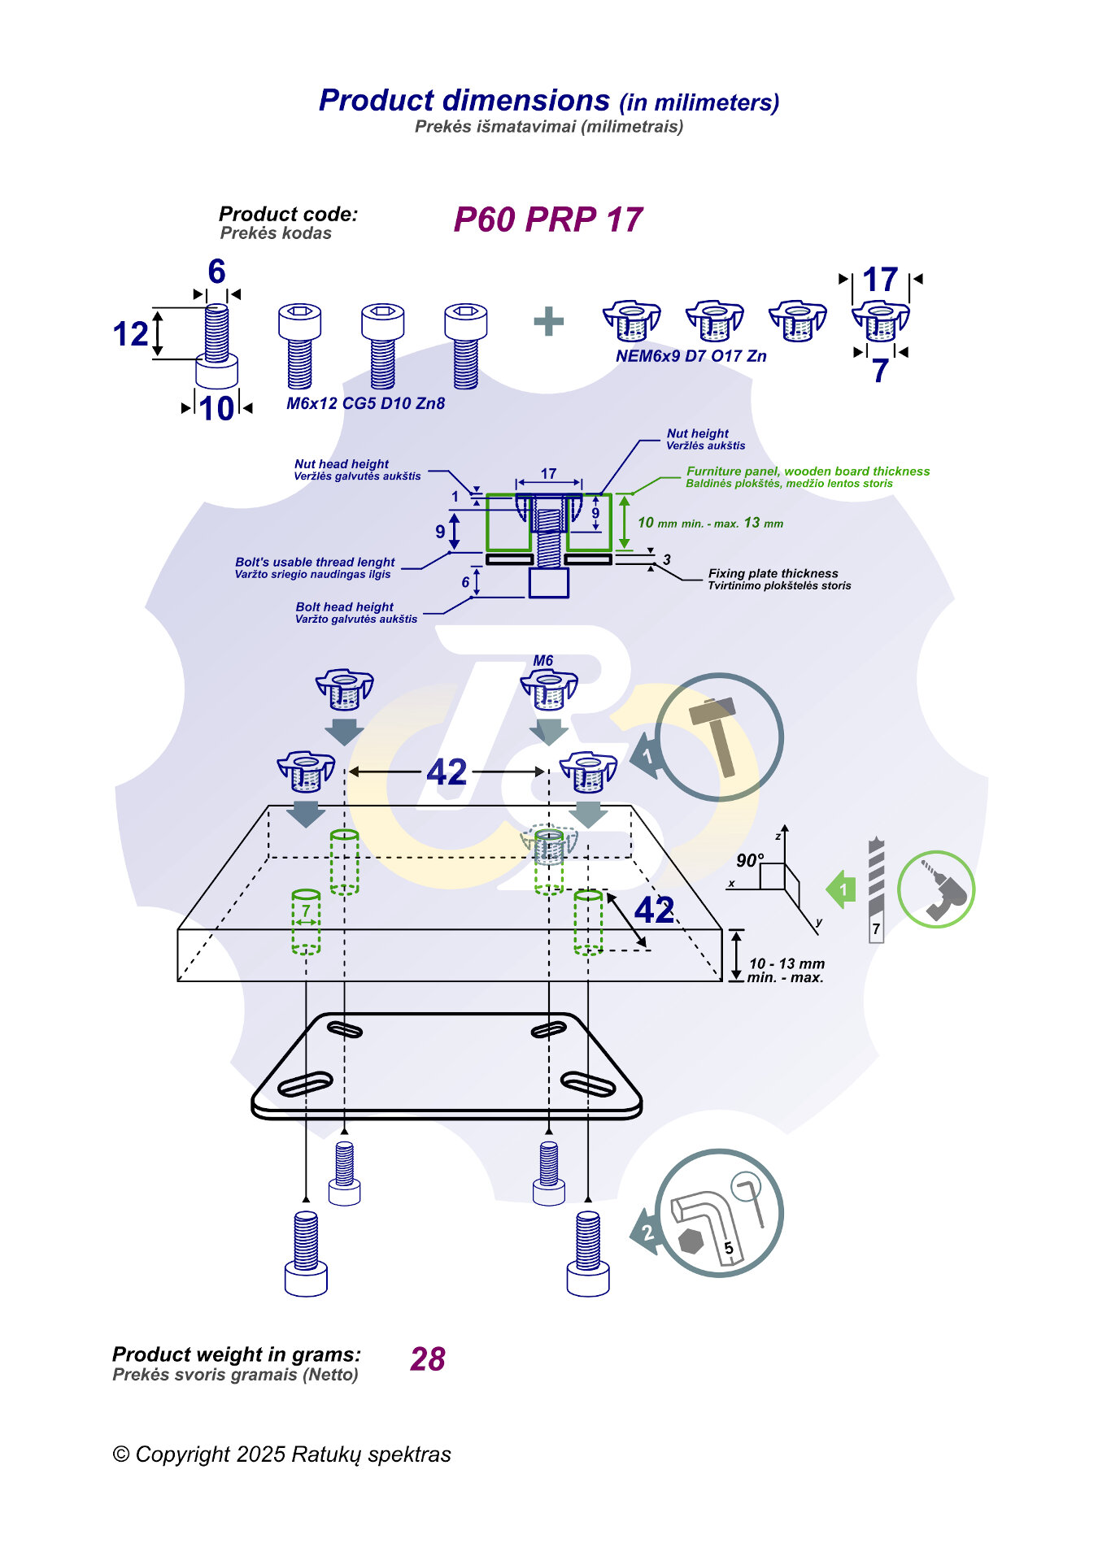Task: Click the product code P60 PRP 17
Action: tap(547, 220)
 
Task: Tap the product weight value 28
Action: tap(428, 1359)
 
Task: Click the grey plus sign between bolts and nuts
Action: tap(549, 321)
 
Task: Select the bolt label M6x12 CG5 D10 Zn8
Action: tap(365, 403)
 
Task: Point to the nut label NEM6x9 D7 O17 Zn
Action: tap(691, 356)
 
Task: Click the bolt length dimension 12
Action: tap(130, 334)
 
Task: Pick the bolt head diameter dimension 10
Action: tap(216, 408)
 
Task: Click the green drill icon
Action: tap(936, 889)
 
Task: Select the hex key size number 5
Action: tap(729, 1248)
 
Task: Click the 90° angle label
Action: tap(749, 860)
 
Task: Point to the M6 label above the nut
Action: tap(543, 661)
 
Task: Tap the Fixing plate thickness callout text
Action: tap(773, 573)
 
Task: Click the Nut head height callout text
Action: tap(342, 464)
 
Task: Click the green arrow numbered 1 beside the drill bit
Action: tap(842, 889)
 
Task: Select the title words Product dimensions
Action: tap(464, 101)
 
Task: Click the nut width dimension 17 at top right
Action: tap(880, 280)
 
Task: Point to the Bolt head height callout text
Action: tap(344, 607)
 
